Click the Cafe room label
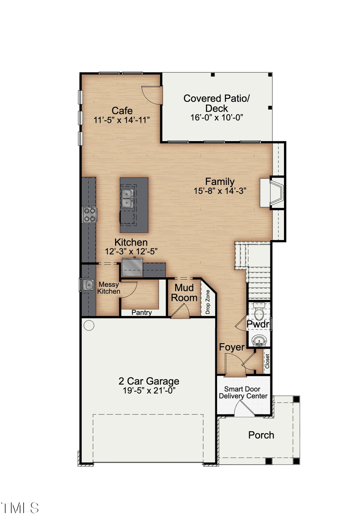[x=122, y=111]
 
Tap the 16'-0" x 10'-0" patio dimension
[x=216, y=118]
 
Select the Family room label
[x=220, y=182]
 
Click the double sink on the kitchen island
[x=127, y=198]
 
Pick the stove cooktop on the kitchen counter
[x=89, y=214]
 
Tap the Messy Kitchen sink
[x=88, y=284]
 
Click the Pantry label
[x=142, y=312]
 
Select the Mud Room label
[x=184, y=293]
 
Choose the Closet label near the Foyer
[x=267, y=361]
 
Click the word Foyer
[x=232, y=347]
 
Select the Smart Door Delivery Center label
[x=243, y=392]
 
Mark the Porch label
[x=261, y=435]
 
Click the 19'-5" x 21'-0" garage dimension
[x=149, y=391]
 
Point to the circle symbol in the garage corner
[x=89, y=326]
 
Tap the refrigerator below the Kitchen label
[x=132, y=268]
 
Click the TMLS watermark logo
[x=20, y=508]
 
